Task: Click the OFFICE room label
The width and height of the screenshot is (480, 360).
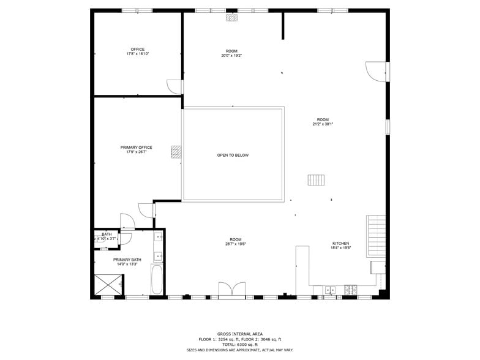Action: [137, 49]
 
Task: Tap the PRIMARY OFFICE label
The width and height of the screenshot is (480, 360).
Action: [136, 148]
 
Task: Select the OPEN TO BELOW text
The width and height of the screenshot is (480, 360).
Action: [233, 155]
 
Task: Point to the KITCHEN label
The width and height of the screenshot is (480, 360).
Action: [340, 243]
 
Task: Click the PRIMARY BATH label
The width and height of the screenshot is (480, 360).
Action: [127, 260]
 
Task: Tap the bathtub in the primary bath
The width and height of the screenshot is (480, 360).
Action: [157, 280]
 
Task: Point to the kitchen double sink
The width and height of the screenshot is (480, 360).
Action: [330, 288]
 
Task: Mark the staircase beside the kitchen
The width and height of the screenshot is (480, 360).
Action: [376, 236]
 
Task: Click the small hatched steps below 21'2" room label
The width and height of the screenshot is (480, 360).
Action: [316, 179]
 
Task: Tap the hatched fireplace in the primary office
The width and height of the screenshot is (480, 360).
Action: [176, 152]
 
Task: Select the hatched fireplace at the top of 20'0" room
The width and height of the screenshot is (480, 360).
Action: [231, 18]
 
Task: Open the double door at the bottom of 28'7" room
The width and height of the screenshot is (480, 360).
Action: [231, 289]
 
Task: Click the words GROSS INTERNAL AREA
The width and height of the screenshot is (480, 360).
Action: [240, 334]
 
